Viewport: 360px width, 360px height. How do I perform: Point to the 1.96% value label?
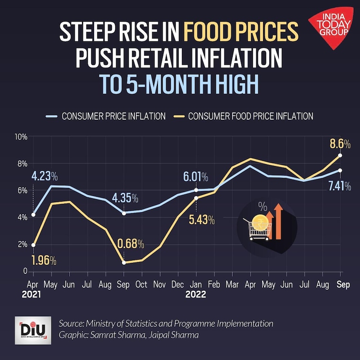[x=44, y=262]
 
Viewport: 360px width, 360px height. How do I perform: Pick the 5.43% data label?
[x=201, y=220]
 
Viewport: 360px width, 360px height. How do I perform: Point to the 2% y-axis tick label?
[x=22, y=245]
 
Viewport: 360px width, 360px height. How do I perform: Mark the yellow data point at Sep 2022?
[x=340, y=155]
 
